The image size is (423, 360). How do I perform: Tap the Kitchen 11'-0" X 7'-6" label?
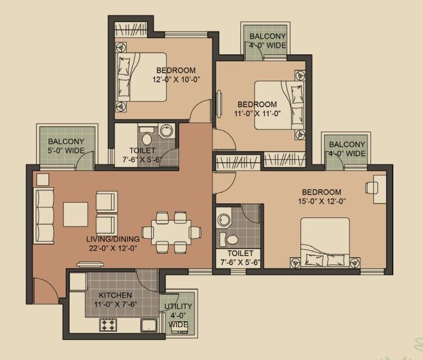click(x=116, y=299)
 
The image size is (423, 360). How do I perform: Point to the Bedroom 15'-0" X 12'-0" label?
click(x=320, y=197)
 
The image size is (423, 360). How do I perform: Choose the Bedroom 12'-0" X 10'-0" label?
click(x=174, y=75)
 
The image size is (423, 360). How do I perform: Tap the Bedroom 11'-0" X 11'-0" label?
click(x=256, y=109)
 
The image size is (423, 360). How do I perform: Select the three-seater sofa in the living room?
click(x=44, y=215)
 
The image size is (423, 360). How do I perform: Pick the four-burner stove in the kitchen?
click(x=107, y=325)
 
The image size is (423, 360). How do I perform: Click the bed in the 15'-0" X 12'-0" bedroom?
click(x=324, y=242)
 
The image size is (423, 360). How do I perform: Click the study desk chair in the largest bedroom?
click(x=372, y=187)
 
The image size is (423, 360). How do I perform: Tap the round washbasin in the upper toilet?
click(x=167, y=132)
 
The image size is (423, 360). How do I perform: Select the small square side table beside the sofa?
click(x=43, y=179)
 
